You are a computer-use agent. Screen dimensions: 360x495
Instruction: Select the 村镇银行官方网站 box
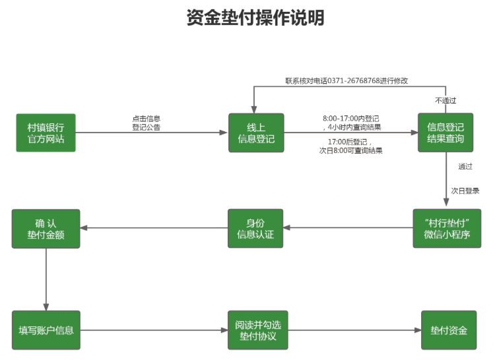click(x=46, y=133)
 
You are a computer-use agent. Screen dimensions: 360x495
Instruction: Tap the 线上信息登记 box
click(x=256, y=133)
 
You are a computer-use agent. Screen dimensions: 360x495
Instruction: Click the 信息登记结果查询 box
click(x=445, y=133)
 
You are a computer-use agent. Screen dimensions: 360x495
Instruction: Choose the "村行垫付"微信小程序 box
click(x=446, y=228)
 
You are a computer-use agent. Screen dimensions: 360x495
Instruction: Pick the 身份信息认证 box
click(x=256, y=228)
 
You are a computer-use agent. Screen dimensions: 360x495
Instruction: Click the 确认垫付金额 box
click(x=46, y=228)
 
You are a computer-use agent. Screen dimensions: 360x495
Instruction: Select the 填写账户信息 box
click(x=46, y=330)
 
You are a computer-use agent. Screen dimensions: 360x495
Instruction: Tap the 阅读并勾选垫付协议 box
click(x=256, y=330)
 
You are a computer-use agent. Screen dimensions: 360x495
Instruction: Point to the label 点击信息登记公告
click(x=146, y=123)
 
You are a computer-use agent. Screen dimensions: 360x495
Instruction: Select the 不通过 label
click(x=445, y=100)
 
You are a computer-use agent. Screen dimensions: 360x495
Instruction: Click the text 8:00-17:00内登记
click(x=350, y=119)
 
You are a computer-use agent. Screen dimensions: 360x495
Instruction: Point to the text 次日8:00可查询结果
click(x=350, y=150)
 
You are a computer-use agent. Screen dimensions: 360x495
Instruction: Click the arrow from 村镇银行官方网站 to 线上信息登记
click(x=152, y=133)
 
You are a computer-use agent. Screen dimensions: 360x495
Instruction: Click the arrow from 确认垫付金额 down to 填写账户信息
click(x=46, y=277)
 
